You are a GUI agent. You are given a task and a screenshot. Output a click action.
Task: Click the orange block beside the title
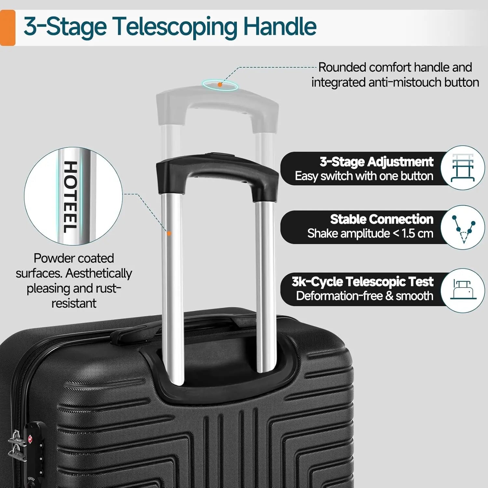pyautogui.click(x=7, y=28)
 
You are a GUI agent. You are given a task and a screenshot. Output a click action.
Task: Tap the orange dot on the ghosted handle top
pyautogui.click(x=220, y=85)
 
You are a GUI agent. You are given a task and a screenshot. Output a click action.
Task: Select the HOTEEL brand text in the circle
pyautogui.click(x=70, y=197)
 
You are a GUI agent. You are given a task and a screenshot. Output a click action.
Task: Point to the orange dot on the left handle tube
pyautogui.click(x=169, y=233)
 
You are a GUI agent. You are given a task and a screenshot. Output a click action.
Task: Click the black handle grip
pyautogui.click(x=217, y=169)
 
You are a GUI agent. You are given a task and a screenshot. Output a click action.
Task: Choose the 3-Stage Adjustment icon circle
pyautogui.click(x=463, y=168)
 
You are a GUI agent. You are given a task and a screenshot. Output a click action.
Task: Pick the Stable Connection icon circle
pyautogui.click(x=463, y=227)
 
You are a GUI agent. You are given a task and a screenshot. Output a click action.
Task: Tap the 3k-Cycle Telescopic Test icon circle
pyautogui.click(x=463, y=291)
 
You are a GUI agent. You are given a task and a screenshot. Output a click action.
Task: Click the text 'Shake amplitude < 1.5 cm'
pyautogui.click(x=370, y=234)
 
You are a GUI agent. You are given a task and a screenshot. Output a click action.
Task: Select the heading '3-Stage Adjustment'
pyautogui.click(x=376, y=162)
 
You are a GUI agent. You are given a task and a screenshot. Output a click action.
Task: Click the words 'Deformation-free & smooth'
pyautogui.click(x=365, y=296)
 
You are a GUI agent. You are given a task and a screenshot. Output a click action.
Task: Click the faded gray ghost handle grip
pyautogui.click(x=217, y=104)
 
